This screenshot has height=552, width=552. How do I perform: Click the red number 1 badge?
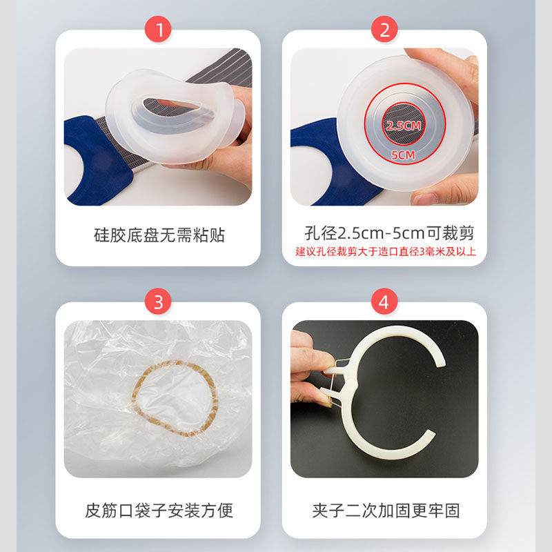(159, 30)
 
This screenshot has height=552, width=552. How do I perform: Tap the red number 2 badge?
(384, 30)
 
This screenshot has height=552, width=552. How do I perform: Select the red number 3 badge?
(159, 302)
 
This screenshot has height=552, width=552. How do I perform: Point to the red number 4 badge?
(384, 302)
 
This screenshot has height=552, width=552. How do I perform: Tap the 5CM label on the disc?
(404, 155)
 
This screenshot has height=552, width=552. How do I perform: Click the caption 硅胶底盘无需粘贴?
(159, 235)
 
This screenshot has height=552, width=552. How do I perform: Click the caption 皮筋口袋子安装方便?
(159, 511)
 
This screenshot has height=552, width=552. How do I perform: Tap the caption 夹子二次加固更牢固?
(385, 511)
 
